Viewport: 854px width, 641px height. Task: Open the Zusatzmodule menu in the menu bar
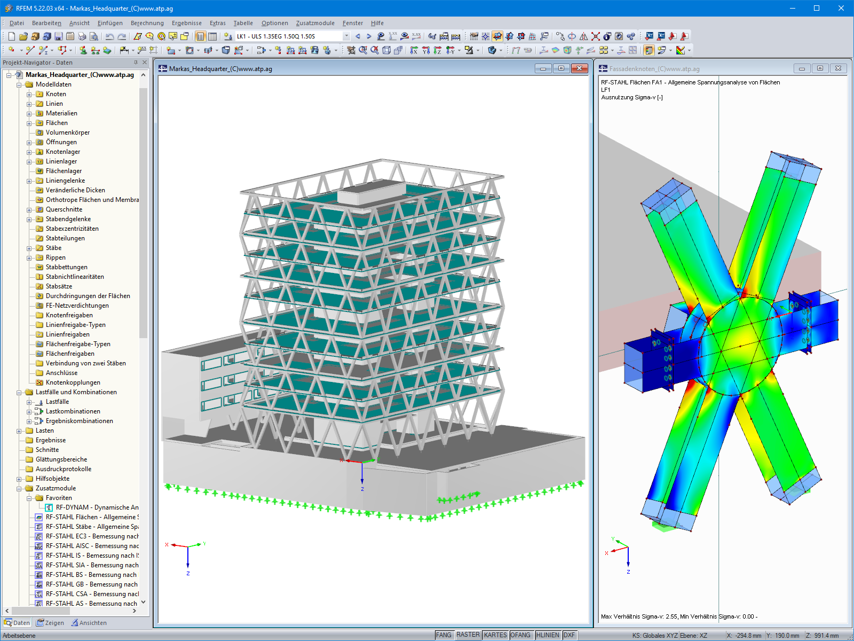[315, 23]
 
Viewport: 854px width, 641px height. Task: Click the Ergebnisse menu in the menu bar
[186, 23]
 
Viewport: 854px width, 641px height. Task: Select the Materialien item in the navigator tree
[61, 113]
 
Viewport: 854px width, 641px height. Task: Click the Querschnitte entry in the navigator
[64, 209]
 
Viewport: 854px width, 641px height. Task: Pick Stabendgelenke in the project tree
[68, 219]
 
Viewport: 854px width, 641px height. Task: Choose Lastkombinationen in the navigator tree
[73, 411]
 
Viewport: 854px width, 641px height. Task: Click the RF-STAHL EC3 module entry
[92, 536]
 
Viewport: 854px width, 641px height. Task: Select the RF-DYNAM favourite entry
[97, 507]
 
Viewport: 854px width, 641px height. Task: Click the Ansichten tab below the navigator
[89, 623]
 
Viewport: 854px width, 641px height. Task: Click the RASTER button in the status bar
[468, 635]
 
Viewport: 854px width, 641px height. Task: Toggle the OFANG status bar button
[520, 635]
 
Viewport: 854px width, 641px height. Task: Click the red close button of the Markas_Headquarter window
[579, 68]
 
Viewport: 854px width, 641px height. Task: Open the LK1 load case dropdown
[346, 36]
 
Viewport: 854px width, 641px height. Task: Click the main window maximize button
[817, 8]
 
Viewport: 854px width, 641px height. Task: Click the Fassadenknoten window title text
[654, 69]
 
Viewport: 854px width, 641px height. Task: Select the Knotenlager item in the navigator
[62, 152]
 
